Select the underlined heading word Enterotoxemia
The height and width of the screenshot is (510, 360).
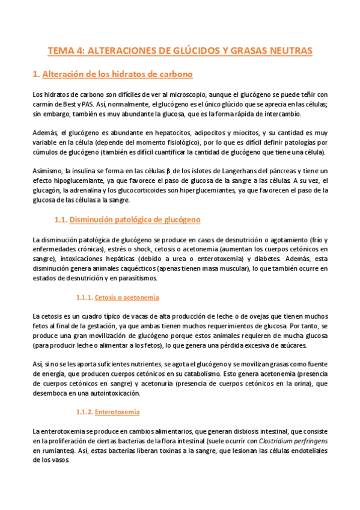pos(117,413)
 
